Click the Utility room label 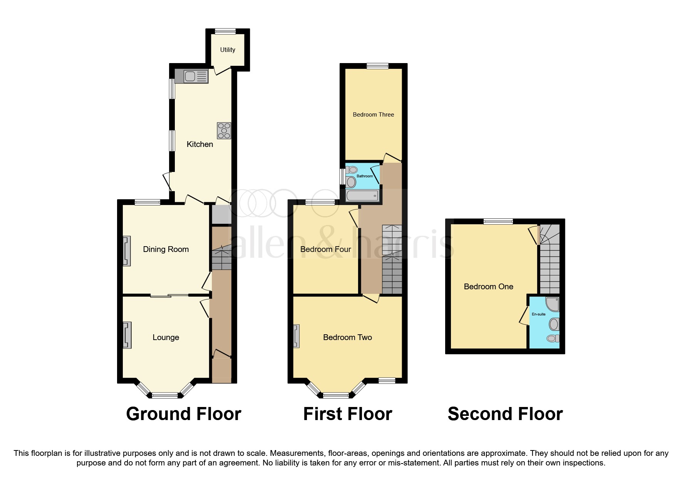[x=228, y=50]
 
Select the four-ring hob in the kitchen [x=224, y=130]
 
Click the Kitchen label [x=200, y=144]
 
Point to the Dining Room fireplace [x=126, y=251]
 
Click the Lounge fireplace [x=127, y=335]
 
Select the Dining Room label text [x=166, y=249]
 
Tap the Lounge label [x=166, y=337]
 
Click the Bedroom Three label [x=374, y=115]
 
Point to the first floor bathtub [x=362, y=196]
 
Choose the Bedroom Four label [x=326, y=249]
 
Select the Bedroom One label [x=489, y=287]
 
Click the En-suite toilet [x=553, y=339]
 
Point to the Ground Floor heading [x=184, y=414]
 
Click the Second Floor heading [x=505, y=414]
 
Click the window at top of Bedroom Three [x=377, y=66]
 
